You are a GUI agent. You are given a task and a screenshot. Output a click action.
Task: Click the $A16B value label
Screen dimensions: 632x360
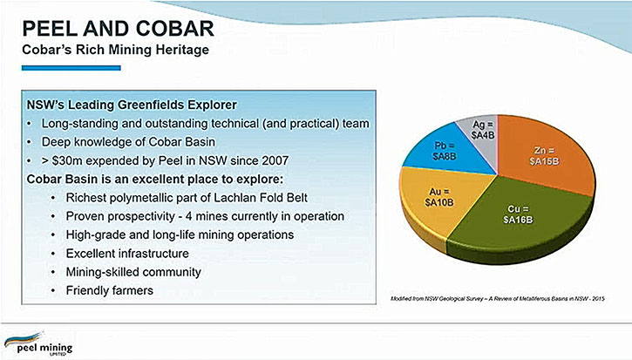[518, 220]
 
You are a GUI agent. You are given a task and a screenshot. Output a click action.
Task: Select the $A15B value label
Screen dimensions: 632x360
[545, 161]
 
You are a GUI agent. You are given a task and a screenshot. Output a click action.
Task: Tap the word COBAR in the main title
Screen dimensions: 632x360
[174, 29]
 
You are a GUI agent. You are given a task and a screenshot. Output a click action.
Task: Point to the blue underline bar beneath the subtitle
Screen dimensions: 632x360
[71, 68]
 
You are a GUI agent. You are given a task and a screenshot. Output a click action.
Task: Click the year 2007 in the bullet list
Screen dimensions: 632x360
[275, 160]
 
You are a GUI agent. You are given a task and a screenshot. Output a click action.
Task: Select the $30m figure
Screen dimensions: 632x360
[67, 160]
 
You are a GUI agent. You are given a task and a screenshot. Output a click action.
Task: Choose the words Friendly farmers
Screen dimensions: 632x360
[110, 290]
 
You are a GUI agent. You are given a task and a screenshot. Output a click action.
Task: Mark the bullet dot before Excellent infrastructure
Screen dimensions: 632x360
[53, 254]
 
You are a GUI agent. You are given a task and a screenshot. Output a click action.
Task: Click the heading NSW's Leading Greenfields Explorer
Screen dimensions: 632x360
[132, 105]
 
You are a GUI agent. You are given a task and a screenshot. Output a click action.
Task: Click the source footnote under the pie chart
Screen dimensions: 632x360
[498, 299]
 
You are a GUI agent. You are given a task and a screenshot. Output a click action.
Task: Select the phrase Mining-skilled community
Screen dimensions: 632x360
[133, 272]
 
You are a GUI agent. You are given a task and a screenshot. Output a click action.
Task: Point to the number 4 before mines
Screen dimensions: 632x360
[188, 216]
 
